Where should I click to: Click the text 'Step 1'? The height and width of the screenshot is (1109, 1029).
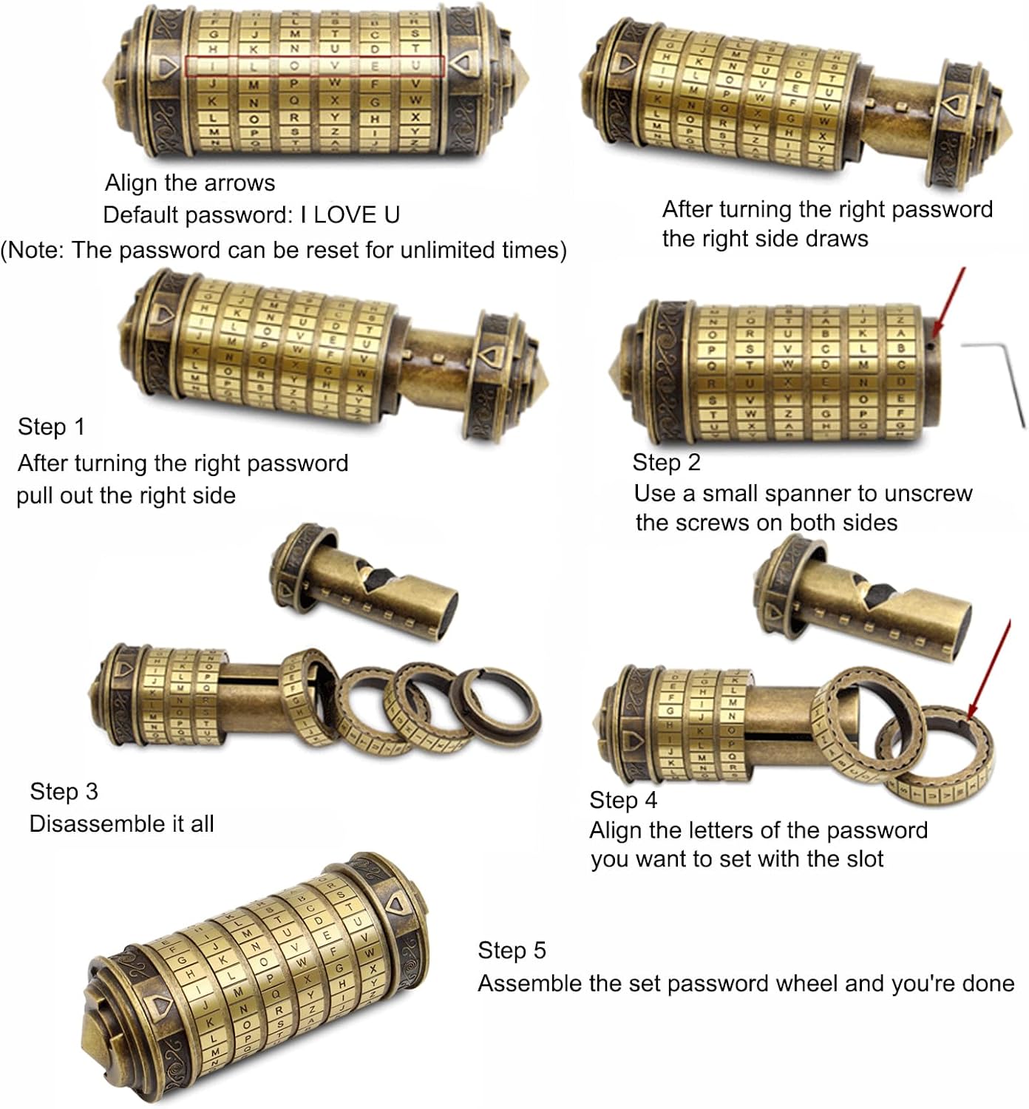tap(51, 427)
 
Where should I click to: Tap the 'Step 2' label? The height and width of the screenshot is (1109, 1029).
tap(666, 462)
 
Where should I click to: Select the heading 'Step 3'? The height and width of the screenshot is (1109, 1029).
tap(64, 791)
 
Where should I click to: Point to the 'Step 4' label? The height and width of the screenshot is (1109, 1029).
tap(623, 800)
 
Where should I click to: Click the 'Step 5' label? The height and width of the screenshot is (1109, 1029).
tap(512, 950)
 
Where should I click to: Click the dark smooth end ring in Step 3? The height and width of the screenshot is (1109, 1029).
tap(495, 708)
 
